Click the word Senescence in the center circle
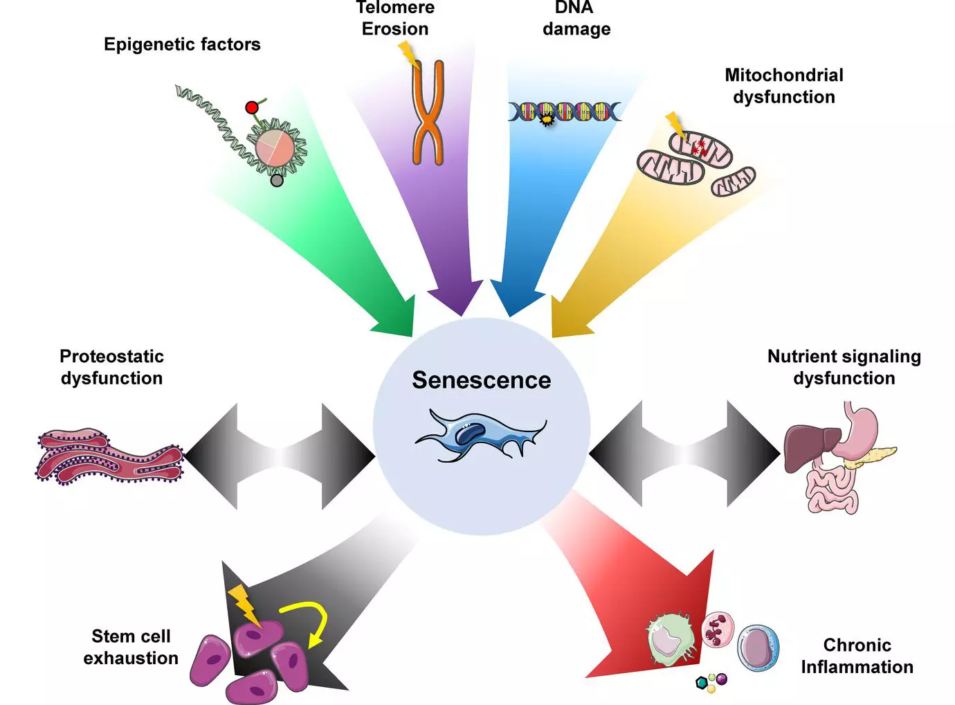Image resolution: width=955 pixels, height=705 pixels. [482, 380]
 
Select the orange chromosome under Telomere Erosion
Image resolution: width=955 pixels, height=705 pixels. [428, 112]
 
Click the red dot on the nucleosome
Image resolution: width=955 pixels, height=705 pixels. [251, 107]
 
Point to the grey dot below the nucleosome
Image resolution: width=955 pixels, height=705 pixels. [277, 181]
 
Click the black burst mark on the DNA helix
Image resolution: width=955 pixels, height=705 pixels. [546, 121]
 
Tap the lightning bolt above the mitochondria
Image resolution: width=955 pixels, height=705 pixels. [676, 127]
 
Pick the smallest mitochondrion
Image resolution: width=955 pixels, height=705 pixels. [734, 181]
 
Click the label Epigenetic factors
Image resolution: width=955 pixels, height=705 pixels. [182, 44]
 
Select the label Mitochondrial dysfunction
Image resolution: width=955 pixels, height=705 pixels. [784, 86]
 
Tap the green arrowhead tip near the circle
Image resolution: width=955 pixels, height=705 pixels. [412, 337]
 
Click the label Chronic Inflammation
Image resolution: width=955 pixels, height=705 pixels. [857, 656]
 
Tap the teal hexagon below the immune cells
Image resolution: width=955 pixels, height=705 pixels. [701, 683]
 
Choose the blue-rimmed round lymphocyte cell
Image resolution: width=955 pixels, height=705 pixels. [758, 648]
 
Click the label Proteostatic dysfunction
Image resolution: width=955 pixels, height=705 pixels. [111, 368]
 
